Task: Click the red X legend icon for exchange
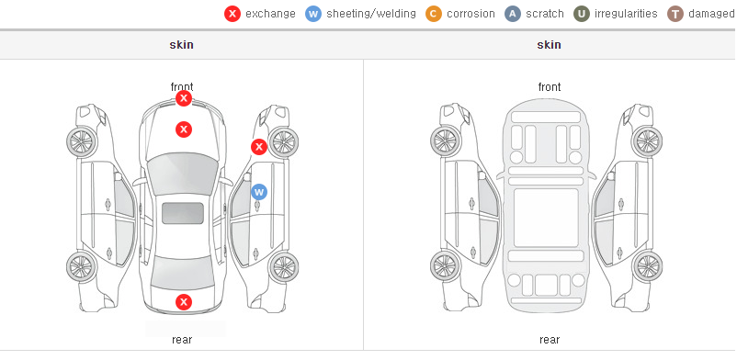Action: [x=232, y=14]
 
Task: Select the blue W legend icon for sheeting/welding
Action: [x=313, y=14]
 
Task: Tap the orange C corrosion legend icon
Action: [x=434, y=14]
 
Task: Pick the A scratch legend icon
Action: [x=513, y=14]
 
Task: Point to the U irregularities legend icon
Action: [x=582, y=14]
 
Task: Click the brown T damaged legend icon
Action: [x=675, y=14]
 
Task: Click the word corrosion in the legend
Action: [x=471, y=14]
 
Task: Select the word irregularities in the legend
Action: [x=626, y=14]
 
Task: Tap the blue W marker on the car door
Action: [x=259, y=192]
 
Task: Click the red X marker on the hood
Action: [x=184, y=129]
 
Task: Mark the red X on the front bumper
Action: [x=184, y=98]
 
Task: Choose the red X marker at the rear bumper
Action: [x=184, y=302]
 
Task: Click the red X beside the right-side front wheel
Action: [x=258, y=147]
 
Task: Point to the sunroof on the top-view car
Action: [x=183, y=213]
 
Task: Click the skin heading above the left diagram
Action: [x=181, y=45]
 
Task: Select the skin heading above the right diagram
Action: [x=549, y=45]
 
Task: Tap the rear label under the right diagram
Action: [x=550, y=340]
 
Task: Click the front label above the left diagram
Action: [x=182, y=87]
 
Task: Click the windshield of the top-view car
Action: [x=183, y=173]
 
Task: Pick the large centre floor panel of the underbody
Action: [x=546, y=218]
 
